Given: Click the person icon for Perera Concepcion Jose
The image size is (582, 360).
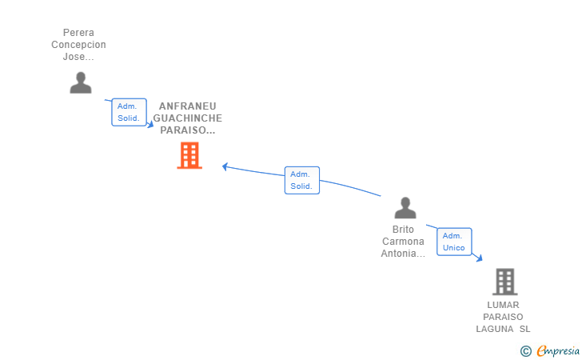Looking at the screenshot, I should click(80, 82).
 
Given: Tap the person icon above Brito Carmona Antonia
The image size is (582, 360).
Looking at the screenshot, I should click(405, 208).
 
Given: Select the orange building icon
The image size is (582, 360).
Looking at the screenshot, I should click(189, 155).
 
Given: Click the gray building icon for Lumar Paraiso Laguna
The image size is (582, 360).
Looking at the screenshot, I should click(504, 282).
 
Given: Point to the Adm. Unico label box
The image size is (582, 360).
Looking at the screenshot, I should click(454, 242).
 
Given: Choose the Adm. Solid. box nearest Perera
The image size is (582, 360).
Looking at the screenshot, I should click(129, 112).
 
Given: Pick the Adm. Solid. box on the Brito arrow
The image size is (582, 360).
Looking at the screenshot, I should click(301, 180).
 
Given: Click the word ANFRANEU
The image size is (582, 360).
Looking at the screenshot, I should click(188, 106).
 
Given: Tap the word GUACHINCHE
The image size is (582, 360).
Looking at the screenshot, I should click(188, 118).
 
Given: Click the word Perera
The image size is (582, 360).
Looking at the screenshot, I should click(78, 33).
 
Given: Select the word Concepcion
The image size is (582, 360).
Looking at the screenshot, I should click(78, 45).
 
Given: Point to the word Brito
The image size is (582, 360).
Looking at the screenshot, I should click(404, 230).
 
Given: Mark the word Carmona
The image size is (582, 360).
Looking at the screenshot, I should click(404, 242).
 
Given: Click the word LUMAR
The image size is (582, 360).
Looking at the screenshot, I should click(503, 305).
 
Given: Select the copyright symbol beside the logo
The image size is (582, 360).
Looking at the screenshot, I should click(525, 350).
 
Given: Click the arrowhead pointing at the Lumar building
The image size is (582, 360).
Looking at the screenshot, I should click(480, 258).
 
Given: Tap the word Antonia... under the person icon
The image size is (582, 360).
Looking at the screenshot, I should click(404, 254).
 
